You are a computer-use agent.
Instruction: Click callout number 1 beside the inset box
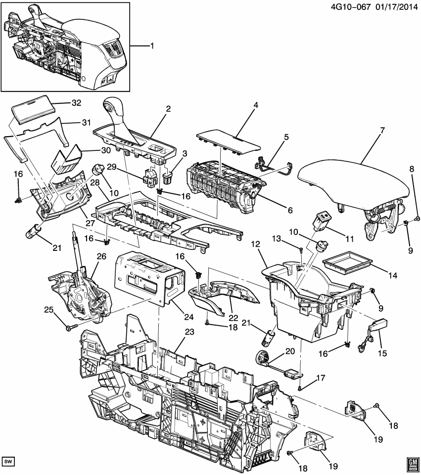152,46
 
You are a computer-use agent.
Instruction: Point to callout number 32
76,103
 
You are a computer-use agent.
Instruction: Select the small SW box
8,462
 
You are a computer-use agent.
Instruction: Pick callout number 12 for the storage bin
256,244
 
